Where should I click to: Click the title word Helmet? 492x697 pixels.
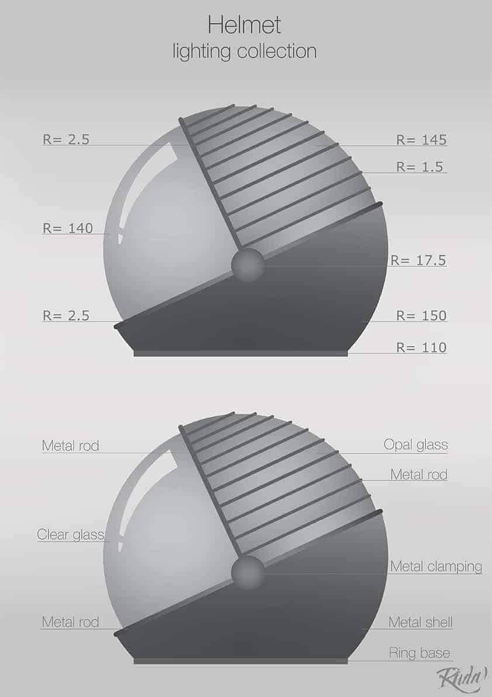(x=244, y=25)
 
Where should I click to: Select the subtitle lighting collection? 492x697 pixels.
(x=244, y=51)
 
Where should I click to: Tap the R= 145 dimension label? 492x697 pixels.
(x=421, y=139)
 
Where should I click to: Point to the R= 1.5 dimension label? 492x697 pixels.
(x=421, y=167)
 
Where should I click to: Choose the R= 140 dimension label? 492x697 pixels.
(x=68, y=228)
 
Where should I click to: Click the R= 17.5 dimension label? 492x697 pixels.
(x=418, y=260)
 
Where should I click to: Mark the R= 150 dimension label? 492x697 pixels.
(x=421, y=315)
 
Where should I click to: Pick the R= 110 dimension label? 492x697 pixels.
(x=421, y=348)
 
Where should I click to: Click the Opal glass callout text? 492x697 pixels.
(x=415, y=445)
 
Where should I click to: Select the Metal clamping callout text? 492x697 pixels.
(x=436, y=566)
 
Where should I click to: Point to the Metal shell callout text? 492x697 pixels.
(x=420, y=622)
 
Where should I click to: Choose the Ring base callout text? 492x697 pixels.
(x=420, y=653)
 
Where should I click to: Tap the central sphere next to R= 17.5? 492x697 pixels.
(x=248, y=265)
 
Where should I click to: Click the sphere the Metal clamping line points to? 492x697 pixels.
(x=248, y=572)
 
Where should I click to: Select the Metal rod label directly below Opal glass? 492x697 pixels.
(x=418, y=474)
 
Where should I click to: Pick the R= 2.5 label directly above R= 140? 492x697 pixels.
(x=65, y=139)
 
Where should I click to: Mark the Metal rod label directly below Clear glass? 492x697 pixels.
(x=70, y=622)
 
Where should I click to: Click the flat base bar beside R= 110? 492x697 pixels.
(x=241, y=353)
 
